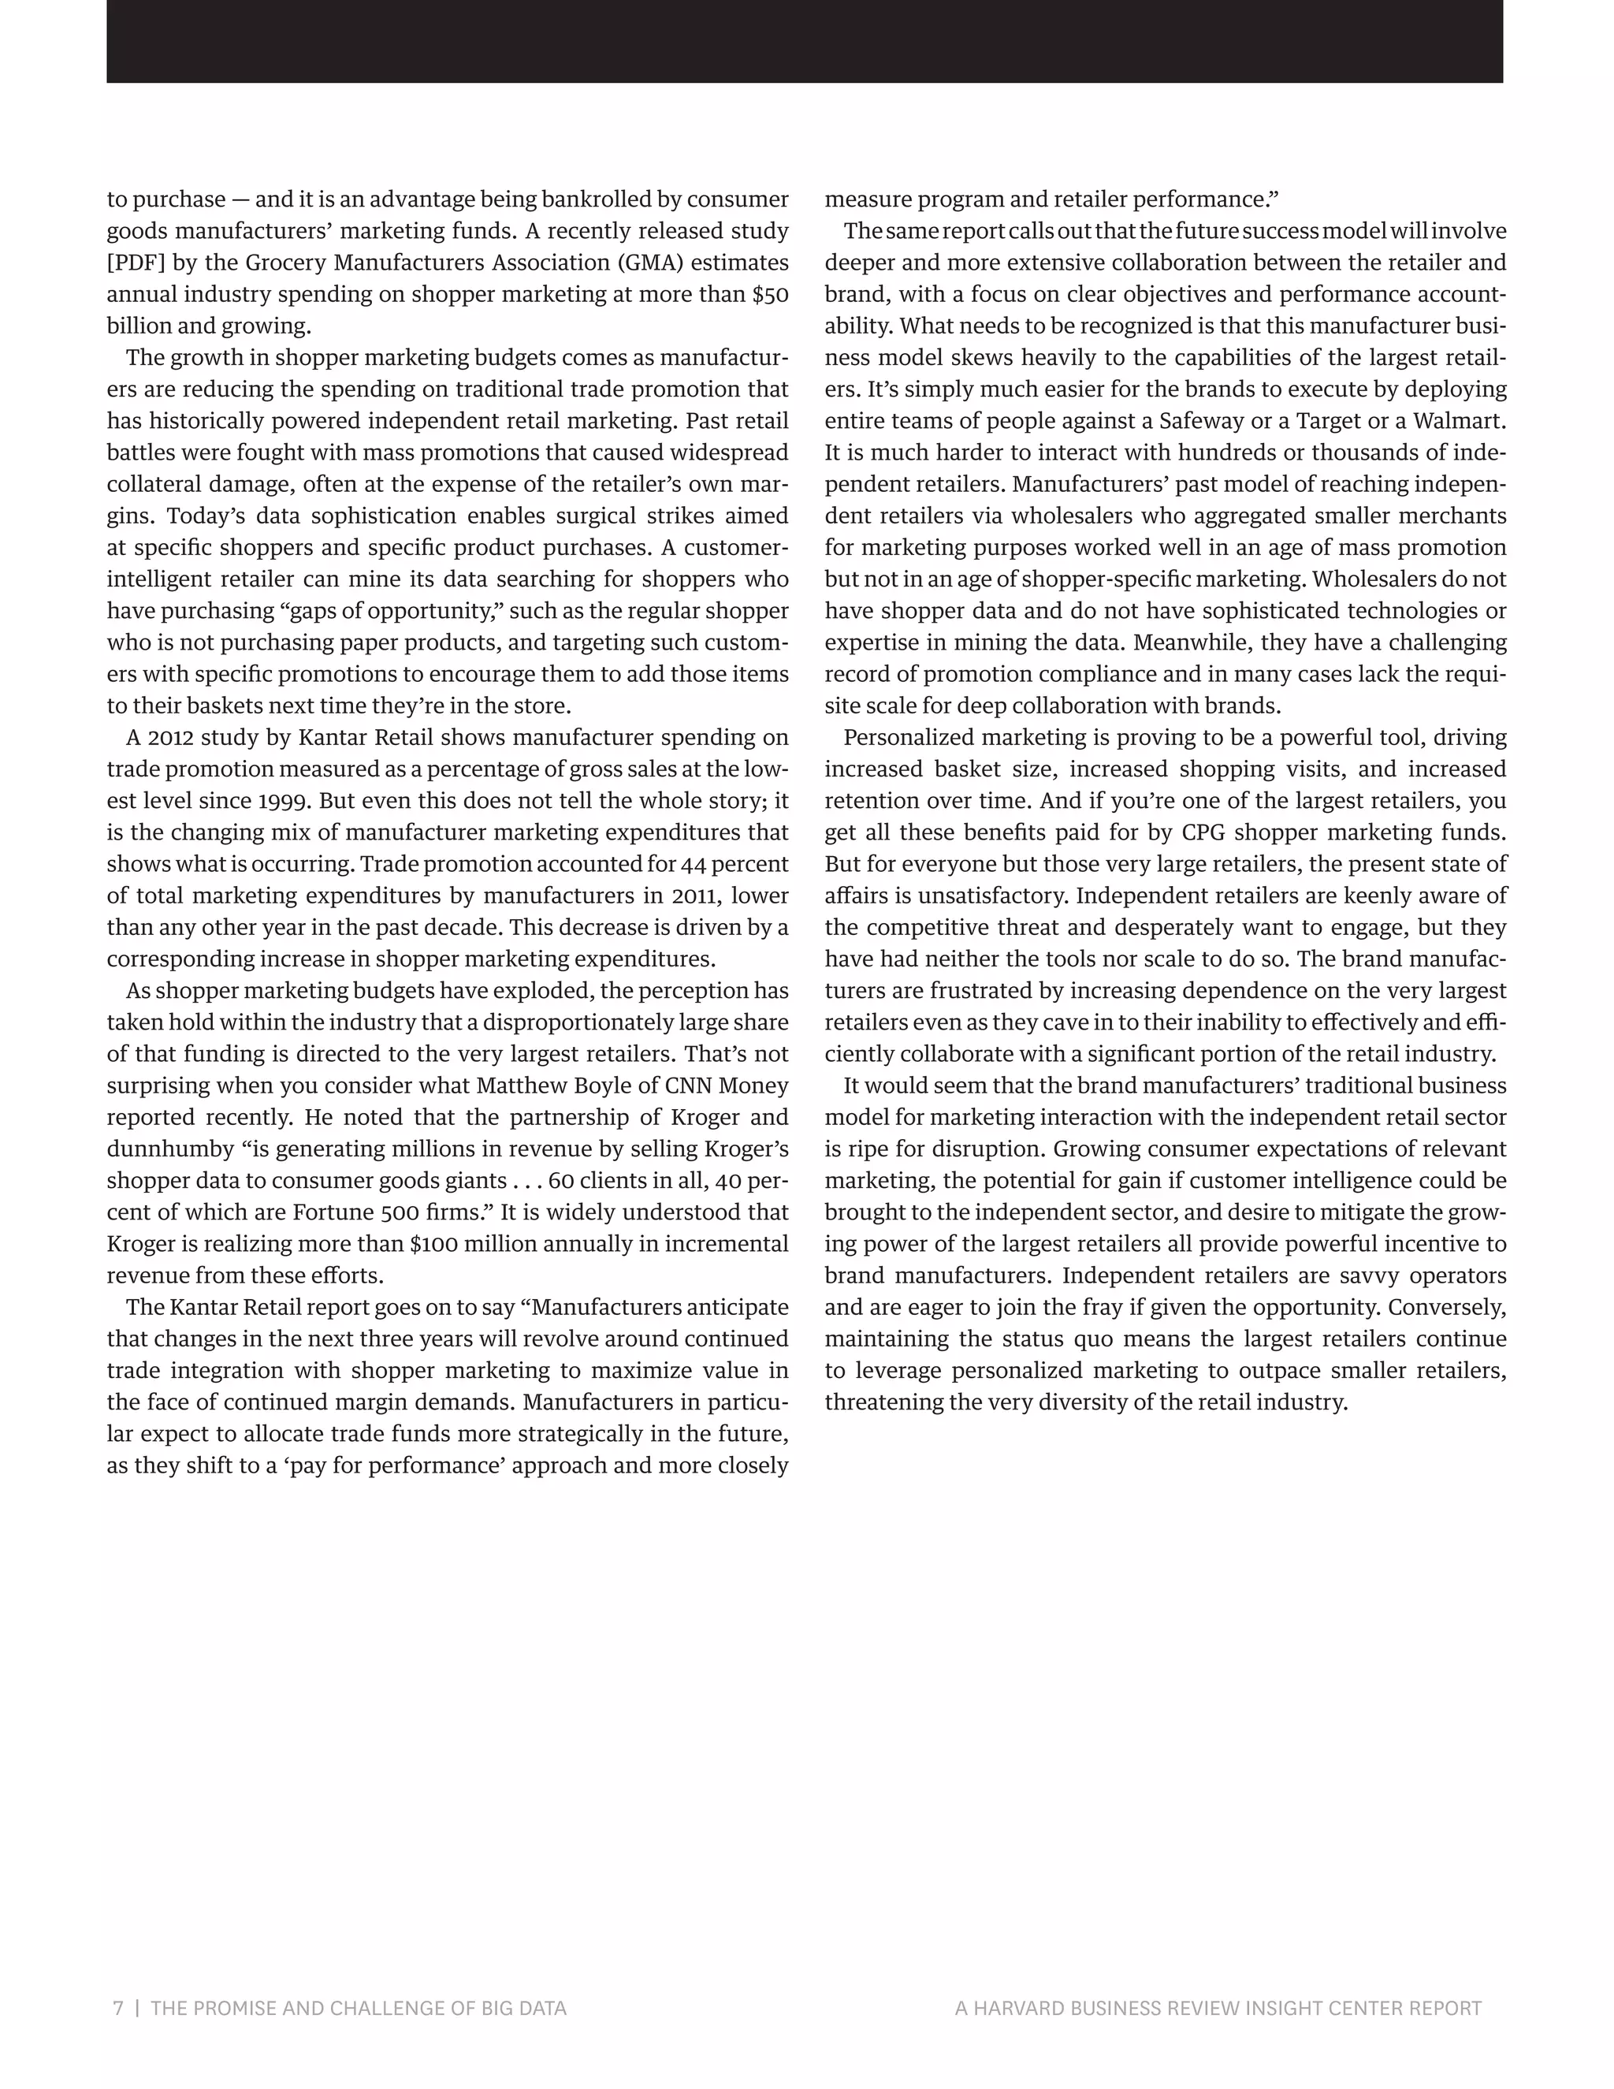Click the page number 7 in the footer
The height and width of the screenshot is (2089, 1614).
pyautogui.click(x=118, y=2008)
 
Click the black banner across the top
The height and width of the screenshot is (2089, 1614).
pyautogui.click(x=804, y=41)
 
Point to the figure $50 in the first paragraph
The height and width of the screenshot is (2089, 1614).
pyautogui.click(x=770, y=294)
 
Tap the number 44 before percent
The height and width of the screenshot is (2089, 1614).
pyautogui.click(x=694, y=864)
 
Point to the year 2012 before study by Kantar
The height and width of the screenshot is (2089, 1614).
pyautogui.click(x=169, y=738)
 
